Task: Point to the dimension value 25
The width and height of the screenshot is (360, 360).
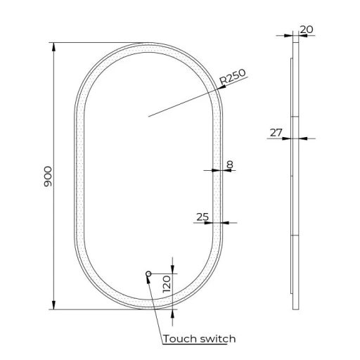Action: (x=202, y=217)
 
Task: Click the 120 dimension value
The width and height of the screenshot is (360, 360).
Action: (x=167, y=285)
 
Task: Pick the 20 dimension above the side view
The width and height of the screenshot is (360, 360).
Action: (x=306, y=29)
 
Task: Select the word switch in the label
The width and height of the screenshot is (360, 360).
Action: (x=218, y=338)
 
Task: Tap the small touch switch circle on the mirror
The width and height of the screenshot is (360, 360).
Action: (x=148, y=274)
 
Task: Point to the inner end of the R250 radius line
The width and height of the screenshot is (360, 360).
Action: (x=149, y=116)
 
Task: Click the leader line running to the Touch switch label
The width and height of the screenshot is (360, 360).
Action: (x=155, y=306)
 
